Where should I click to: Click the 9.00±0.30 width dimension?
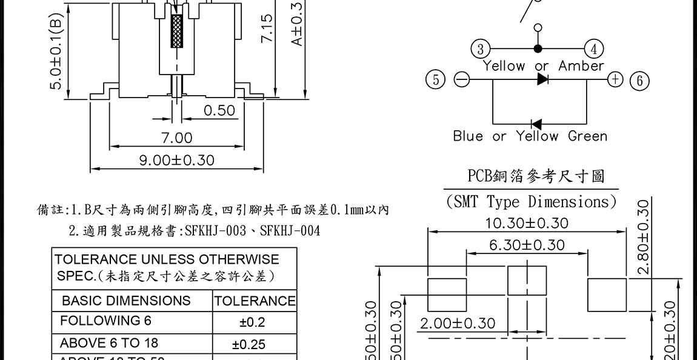coord(177,161)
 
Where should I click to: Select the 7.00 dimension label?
coord(177,138)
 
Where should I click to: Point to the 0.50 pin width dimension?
coord(219,110)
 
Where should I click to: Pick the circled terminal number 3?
coord(481,49)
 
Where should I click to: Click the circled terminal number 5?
coord(436,79)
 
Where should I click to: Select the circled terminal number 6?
coord(639,80)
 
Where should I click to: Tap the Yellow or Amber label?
coord(543,65)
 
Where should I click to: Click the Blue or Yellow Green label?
coord(530,136)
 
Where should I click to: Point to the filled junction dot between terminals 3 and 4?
coord(538,49)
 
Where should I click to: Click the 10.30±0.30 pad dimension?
coord(527,223)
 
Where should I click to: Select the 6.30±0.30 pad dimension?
coord(527,245)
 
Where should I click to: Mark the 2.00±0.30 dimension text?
coord(458,323)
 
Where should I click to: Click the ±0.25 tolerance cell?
coord(248,344)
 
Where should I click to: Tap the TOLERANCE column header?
coord(255,301)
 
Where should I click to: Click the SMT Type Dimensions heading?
coord(531,201)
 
